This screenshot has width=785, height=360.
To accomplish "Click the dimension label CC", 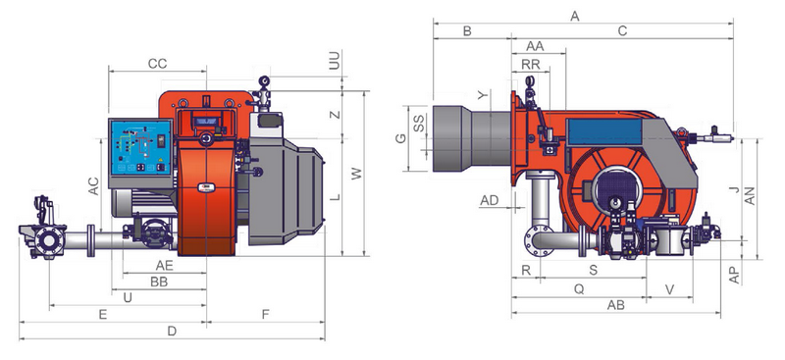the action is point(157,64).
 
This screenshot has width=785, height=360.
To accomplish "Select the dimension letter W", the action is point(356,174).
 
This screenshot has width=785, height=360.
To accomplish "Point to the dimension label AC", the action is point(93,186).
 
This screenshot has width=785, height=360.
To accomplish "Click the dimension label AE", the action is point(164,266).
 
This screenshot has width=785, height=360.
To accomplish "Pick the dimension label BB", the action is point(159,282).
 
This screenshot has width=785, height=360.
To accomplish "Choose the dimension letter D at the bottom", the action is point(172,331).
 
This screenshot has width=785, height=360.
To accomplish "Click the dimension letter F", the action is point(266,315).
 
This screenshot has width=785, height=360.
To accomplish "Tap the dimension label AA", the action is point(535,46).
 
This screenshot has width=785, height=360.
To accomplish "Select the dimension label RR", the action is point(531,65).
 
